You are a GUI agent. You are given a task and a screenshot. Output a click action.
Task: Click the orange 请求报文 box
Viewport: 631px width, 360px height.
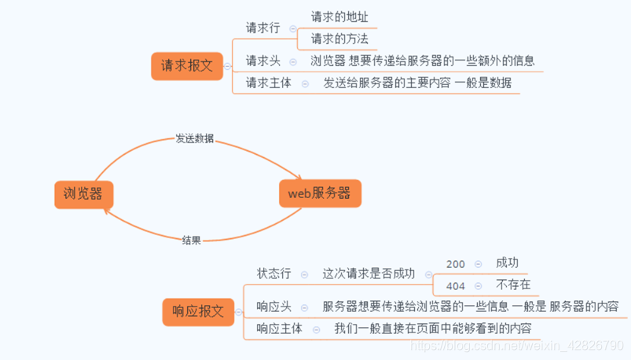(x=187, y=66)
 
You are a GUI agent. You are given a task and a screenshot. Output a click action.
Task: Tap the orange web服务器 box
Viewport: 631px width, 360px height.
(x=319, y=193)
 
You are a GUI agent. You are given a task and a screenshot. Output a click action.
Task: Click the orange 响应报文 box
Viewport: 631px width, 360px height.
(x=198, y=311)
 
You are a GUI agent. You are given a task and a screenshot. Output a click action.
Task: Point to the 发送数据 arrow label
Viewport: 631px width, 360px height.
(x=194, y=139)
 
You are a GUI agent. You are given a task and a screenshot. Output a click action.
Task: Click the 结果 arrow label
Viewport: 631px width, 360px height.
(x=191, y=240)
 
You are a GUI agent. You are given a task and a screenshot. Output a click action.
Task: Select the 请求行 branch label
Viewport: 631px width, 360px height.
(x=262, y=28)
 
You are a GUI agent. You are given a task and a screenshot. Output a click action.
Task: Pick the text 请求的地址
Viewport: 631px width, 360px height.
(x=339, y=16)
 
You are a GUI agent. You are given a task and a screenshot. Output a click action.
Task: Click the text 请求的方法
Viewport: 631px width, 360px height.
(x=339, y=38)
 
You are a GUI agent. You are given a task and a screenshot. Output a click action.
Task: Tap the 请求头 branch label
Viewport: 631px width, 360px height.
(x=262, y=60)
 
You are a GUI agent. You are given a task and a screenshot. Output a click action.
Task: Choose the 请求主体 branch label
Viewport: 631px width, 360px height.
(x=269, y=83)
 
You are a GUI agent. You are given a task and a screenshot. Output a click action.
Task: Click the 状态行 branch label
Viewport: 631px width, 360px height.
(x=273, y=274)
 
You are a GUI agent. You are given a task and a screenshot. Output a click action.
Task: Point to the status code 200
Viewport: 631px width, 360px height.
(x=455, y=264)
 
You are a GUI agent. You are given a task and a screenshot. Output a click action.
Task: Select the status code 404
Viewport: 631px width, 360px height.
(x=455, y=285)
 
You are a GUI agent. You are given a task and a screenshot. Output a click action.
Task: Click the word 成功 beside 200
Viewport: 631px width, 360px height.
(x=507, y=263)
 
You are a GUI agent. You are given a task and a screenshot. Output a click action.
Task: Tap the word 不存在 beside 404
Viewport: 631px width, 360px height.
(x=513, y=285)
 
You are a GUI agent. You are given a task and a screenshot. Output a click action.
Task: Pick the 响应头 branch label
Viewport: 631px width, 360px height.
(x=273, y=306)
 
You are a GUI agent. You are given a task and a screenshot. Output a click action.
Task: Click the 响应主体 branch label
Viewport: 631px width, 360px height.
(x=280, y=329)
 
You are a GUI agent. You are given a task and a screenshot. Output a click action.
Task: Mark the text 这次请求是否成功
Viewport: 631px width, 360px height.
(x=368, y=274)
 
